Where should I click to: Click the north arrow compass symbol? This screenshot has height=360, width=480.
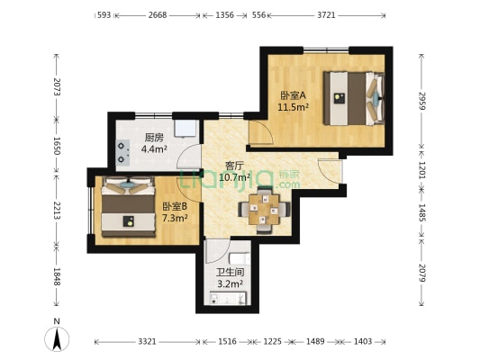(57, 339)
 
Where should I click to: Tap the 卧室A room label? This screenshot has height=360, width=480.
(293, 95)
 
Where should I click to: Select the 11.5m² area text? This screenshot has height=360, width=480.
(293, 107)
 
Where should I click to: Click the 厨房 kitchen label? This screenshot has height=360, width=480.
(154, 138)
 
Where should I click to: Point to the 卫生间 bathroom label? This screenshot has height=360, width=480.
(230, 272)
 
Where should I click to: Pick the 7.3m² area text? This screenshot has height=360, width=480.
(175, 218)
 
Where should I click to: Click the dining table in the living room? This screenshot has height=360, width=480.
(264, 210)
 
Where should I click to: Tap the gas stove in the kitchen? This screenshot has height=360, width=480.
(122, 153)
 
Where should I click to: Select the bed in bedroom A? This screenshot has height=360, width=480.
(354, 98)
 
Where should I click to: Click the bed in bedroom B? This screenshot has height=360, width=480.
(128, 207)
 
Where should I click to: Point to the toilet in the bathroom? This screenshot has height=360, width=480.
(240, 258)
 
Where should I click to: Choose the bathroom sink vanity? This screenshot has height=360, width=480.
(228, 298)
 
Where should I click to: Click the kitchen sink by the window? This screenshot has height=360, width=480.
(186, 129)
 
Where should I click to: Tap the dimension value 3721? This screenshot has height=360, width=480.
(326, 15)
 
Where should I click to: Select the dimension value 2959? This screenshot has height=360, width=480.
(422, 101)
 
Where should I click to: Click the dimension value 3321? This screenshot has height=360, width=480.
(147, 341)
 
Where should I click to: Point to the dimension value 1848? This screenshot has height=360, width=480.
(57, 277)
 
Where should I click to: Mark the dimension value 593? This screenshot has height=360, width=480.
(104, 15)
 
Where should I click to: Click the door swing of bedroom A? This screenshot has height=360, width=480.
(261, 132)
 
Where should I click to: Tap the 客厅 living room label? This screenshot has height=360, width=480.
(234, 166)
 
